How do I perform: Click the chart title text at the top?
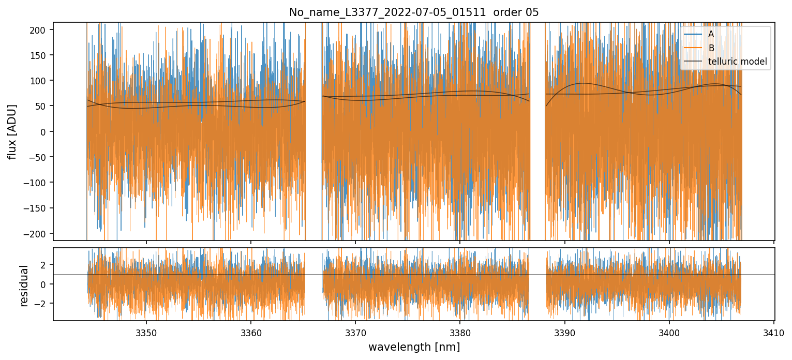414,12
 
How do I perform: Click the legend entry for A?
711,35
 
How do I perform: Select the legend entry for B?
711,49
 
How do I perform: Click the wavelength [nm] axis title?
414,347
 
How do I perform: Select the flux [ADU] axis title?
11,131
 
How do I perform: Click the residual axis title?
24,286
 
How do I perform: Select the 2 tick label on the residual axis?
43,265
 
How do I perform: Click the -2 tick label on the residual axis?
41,304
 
